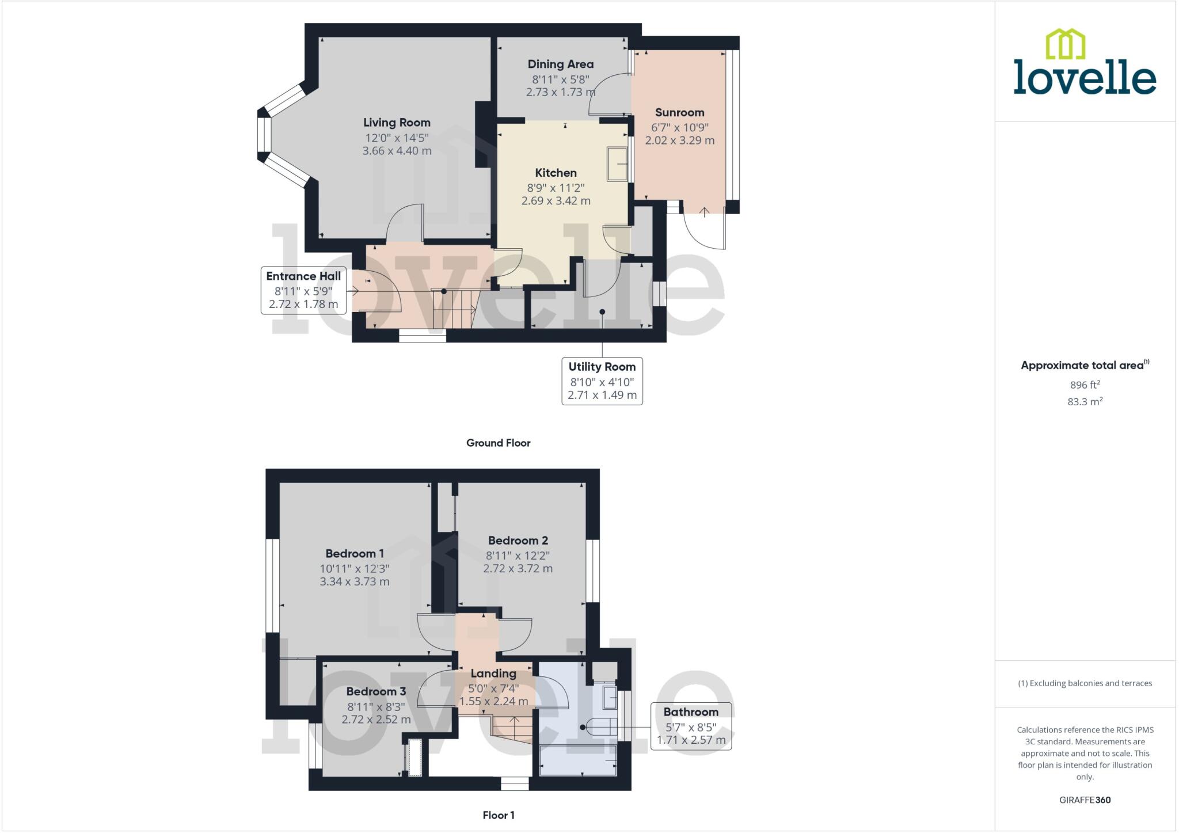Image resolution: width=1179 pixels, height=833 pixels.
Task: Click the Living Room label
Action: point(397,123)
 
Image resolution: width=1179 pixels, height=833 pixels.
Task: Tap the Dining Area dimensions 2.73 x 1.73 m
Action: point(560,92)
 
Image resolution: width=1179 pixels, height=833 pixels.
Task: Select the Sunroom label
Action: point(679,113)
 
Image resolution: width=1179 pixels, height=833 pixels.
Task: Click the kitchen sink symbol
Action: point(618,164)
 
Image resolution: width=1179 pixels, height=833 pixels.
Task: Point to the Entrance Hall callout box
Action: point(303,290)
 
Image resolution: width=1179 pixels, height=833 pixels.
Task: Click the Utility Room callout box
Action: point(602,381)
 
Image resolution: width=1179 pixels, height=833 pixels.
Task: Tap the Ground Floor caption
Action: point(498,443)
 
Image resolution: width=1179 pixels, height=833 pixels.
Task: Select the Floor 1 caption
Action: point(498,815)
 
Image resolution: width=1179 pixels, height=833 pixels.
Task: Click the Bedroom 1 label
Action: point(355,554)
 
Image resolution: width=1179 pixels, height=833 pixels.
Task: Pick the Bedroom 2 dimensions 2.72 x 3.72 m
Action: point(518,569)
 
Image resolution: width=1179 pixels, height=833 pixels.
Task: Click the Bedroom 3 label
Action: point(376,691)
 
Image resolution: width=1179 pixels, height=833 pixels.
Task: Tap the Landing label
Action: point(493,674)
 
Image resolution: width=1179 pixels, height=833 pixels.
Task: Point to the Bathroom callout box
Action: point(691,726)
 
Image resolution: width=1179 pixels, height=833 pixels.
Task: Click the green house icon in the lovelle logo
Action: point(1065,44)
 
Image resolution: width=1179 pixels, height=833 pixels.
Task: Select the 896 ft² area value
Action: point(1085,385)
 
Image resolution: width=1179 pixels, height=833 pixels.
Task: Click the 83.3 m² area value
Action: point(1085,402)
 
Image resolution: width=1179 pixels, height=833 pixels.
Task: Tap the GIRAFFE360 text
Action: point(1085,800)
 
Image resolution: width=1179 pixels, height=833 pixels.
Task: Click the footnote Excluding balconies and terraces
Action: point(1085,683)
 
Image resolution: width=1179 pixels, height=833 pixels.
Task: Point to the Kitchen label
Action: point(556,173)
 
